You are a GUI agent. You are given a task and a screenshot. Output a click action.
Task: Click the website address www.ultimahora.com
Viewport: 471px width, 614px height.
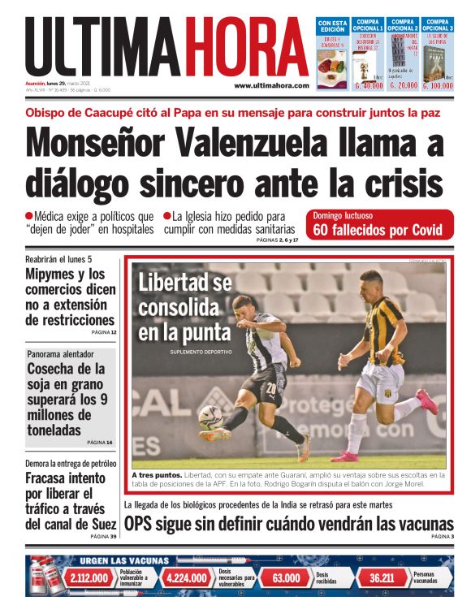[x=271, y=85]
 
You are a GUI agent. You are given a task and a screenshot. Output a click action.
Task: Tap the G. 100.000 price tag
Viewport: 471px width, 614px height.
[x=437, y=84]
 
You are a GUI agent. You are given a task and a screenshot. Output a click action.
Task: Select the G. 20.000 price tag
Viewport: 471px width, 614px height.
[x=403, y=84]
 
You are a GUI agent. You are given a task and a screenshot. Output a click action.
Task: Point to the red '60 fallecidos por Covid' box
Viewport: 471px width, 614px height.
[x=378, y=225]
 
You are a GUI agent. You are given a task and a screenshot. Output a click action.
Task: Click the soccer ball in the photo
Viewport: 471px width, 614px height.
[x=210, y=416]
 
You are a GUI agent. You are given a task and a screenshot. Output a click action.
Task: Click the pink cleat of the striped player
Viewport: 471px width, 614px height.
[x=427, y=402]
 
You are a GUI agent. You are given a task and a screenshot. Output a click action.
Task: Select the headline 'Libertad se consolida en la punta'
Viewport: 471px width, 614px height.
[x=185, y=308]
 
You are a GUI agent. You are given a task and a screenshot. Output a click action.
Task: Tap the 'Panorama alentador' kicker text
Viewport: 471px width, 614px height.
[x=60, y=354]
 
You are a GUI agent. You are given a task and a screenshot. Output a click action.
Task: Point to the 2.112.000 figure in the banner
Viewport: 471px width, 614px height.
[x=89, y=578]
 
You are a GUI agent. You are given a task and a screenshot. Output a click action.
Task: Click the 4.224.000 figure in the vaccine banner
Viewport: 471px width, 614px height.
[x=187, y=578]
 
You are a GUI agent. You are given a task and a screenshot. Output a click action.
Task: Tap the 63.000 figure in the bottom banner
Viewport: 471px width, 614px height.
[x=286, y=578]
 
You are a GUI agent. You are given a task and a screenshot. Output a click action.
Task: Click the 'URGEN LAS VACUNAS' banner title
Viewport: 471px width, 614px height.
[x=123, y=560]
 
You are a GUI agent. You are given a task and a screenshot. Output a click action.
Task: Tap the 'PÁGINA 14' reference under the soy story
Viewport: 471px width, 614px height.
[x=100, y=443]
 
